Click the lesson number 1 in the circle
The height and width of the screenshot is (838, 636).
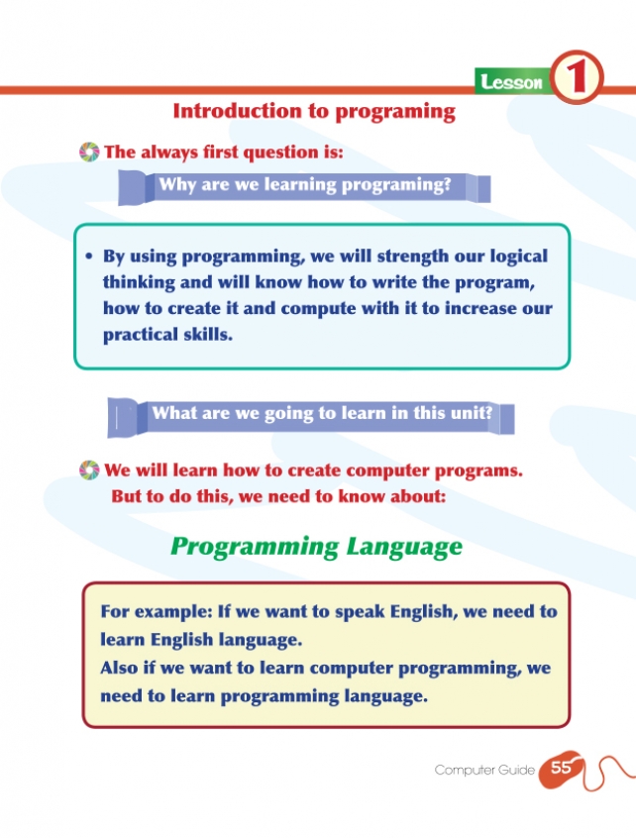(576, 78)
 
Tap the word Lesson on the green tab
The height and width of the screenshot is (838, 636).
(511, 82)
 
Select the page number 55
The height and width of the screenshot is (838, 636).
(561, 768)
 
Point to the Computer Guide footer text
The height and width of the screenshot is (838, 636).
(484, 770)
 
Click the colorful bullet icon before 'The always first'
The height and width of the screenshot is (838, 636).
(89, 152)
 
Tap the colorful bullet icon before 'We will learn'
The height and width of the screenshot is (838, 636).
(89, 471)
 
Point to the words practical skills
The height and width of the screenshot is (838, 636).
(167, 335)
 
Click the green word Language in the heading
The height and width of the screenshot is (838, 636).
(404, 547)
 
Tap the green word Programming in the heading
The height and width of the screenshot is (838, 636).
(255, 547)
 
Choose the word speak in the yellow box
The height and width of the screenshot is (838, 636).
(360, 612)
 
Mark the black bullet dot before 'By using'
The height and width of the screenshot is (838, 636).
(89, 257)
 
